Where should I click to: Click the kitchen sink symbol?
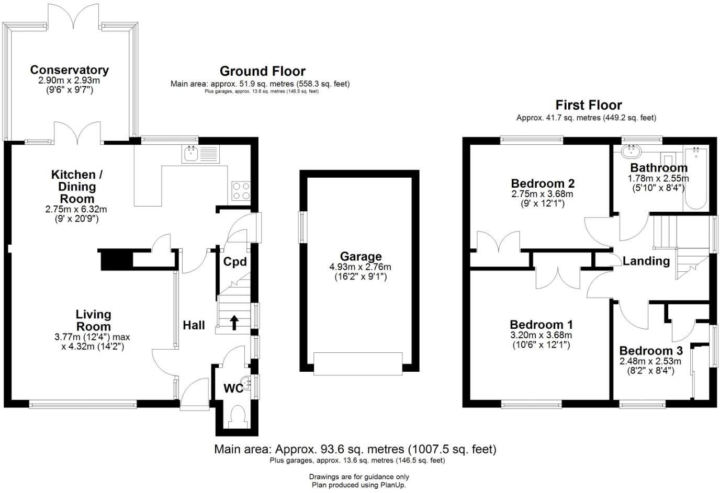tap(201, 154)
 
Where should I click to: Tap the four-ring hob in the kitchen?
tap(241, 191)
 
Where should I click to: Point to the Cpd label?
tap(235, 261)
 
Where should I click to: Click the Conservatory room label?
tap(69, 70)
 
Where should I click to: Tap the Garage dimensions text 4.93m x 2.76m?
tap(361, 267)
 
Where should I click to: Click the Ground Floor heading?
tap(262, 71)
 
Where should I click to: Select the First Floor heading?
tap(588, 105)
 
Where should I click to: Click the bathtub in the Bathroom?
tap(695, 178)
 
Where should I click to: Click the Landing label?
tap(646, 261)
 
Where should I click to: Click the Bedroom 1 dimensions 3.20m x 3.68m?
tap(541, 335)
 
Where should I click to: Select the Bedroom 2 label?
tap(543, 184)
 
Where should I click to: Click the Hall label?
tap(194, 325)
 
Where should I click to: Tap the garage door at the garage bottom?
tap(358, 363)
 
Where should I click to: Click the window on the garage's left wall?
tap(302, 227)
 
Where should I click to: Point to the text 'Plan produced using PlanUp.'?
tap(359, 485)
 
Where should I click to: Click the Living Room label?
tap(93, 320)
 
